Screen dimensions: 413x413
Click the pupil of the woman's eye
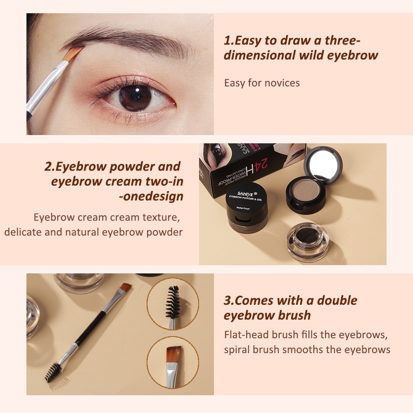(135, 97)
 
